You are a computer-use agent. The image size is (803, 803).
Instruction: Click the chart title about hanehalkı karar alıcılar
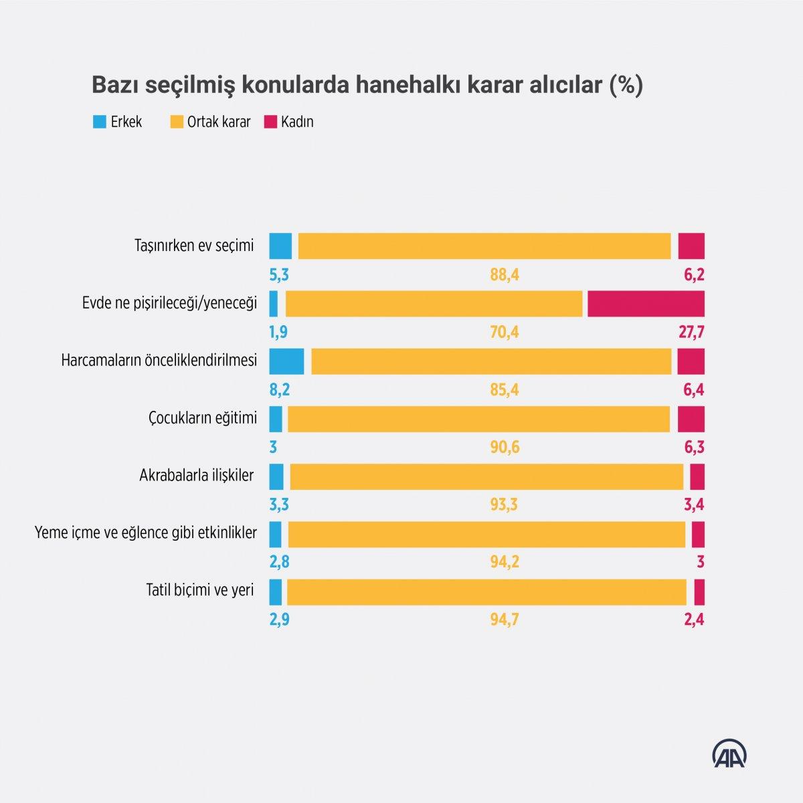[x=367, y=86]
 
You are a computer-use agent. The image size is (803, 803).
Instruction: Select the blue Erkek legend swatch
[x=100, y=122]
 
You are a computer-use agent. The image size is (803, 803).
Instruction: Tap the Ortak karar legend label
[x=219, y=122]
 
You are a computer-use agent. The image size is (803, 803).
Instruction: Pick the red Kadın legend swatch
[x=270, y=122]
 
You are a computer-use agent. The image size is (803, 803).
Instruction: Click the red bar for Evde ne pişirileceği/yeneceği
[x=646, y=304]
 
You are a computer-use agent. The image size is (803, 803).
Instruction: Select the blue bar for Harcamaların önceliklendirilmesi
[x=286, y=361]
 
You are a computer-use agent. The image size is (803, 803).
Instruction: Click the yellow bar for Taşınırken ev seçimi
[x=484, y=246]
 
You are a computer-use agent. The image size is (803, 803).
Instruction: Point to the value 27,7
[x=691, y=333]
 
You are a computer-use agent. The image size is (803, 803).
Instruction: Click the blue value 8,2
[x=279, y=390]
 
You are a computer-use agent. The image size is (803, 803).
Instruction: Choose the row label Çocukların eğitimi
[x=202, y=418]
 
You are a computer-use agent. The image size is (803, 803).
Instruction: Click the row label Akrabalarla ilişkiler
[x=196, y=476]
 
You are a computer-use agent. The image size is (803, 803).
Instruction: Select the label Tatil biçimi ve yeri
[x=199, y=591]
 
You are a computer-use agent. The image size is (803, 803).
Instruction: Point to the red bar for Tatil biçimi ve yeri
[x=699, y=592]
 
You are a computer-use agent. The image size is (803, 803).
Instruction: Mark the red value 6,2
[x=694, y=275]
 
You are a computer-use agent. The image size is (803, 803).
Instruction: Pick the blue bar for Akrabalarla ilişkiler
[x=276, y=476]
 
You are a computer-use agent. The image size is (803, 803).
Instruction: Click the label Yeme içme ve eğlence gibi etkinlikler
[x=145, y=533]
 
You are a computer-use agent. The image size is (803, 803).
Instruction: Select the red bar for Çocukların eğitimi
[x=691, y=419]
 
